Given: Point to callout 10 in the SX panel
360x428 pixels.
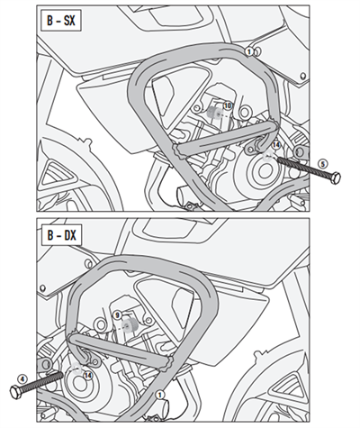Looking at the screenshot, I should pos(227,105).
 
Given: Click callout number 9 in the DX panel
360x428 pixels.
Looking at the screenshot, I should pos(118,314).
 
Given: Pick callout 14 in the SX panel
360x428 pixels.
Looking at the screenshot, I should pos(275,144).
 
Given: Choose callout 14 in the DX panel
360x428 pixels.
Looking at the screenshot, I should pos(87,375).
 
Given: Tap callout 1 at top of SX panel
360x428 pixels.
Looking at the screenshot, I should pos(248,52).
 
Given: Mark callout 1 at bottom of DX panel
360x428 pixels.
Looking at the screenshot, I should pos(160,395).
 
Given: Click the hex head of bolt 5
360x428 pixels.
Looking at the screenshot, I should pos(335,178).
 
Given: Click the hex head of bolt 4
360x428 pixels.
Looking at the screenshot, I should pos(15,391).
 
